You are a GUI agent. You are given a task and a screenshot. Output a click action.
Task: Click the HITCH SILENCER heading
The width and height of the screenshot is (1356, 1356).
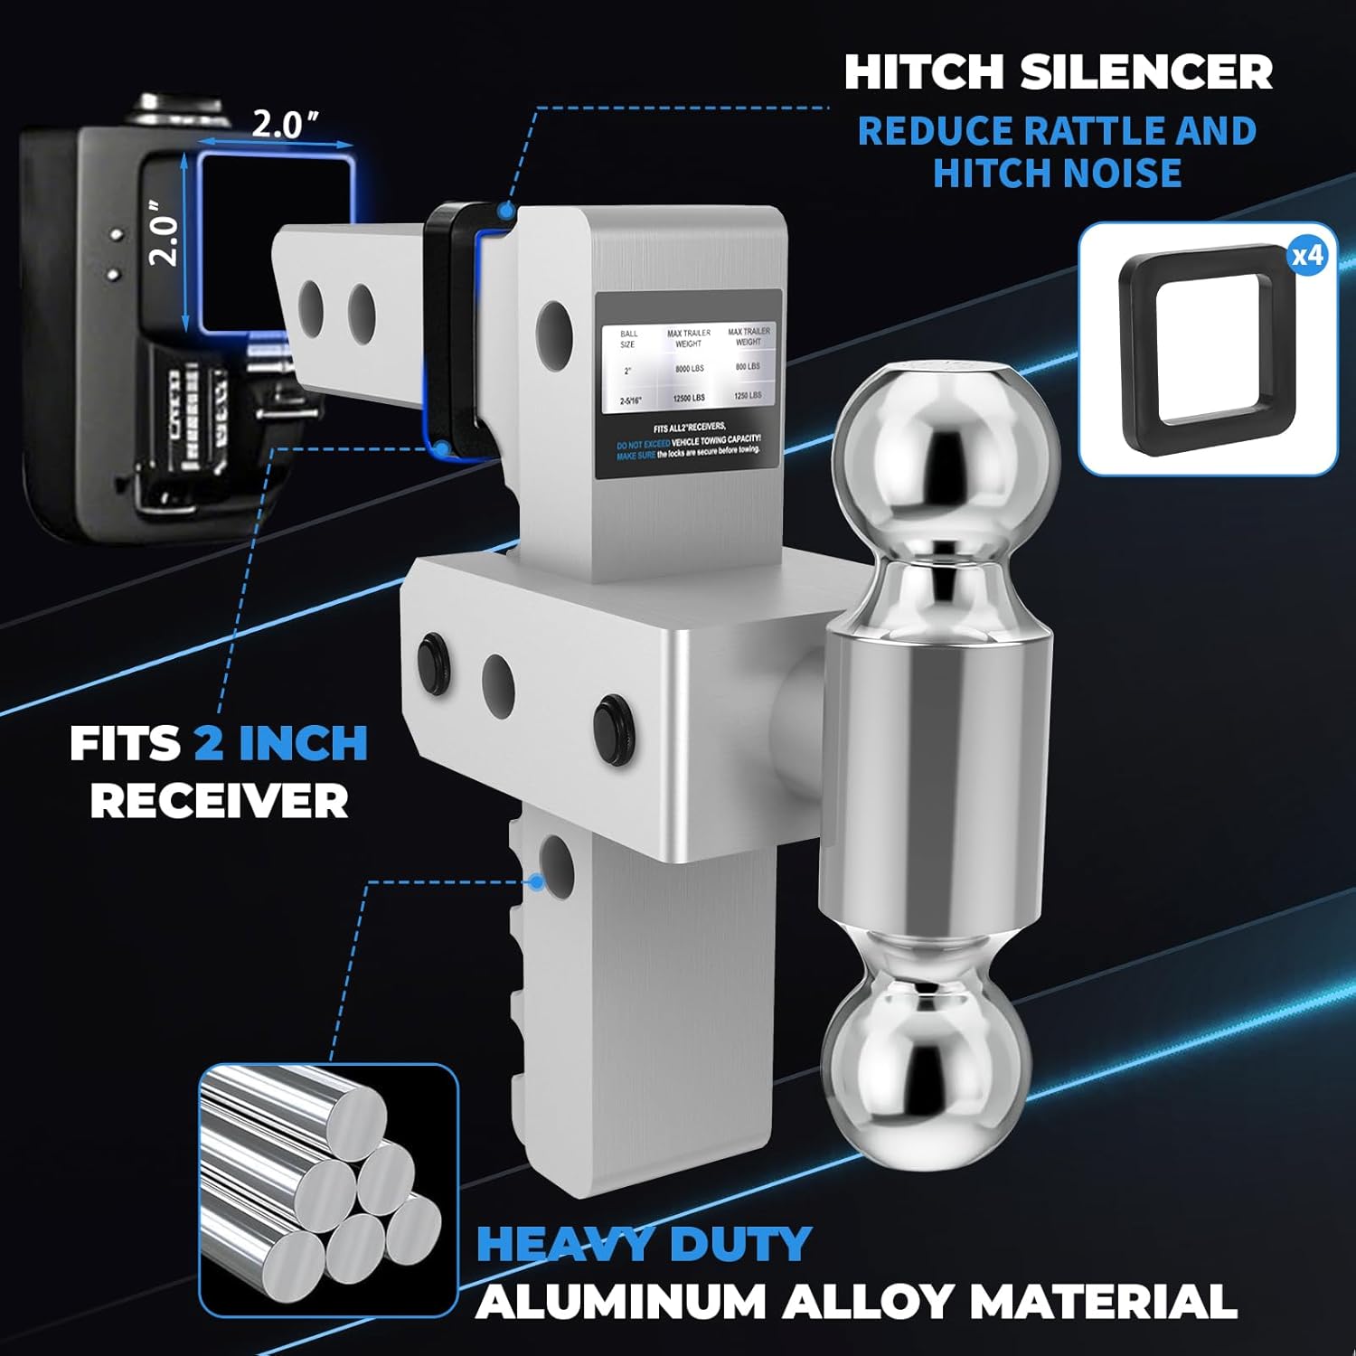(1058, 72)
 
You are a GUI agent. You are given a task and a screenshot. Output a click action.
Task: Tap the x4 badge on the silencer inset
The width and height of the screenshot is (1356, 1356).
(1307, 256)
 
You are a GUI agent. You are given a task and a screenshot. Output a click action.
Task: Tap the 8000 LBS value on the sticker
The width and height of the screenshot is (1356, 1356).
(690, 369)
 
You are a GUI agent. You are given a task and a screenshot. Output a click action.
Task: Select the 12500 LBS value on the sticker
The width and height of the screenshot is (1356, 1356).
(689, 399)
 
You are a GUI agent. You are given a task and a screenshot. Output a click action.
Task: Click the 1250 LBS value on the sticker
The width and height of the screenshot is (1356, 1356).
(748, 396)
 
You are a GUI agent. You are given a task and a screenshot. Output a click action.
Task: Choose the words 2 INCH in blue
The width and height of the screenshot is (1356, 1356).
(281, 744)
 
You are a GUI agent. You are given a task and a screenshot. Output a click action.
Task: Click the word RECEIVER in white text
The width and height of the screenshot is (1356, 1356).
(219, 801)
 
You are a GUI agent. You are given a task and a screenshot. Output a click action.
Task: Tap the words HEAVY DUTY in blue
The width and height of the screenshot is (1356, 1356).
(643, 1245)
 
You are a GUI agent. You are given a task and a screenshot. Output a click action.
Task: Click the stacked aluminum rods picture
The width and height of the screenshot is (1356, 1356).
(327, 1189)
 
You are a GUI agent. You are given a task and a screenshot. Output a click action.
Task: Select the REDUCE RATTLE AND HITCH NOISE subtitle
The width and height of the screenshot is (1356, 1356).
(1057, 152)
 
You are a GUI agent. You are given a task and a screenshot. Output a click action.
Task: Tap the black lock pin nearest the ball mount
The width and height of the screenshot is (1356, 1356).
(613, 720)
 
